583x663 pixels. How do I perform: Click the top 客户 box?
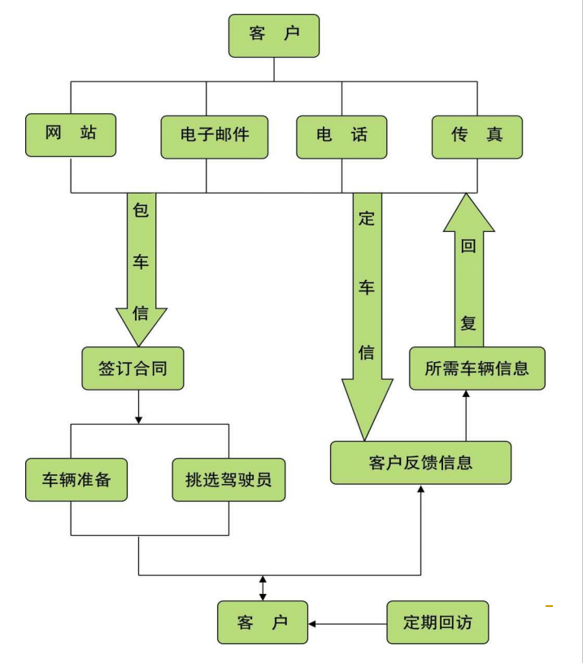[274, 35]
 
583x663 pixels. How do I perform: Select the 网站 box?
[70, 134]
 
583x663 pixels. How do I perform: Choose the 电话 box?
[341, 135]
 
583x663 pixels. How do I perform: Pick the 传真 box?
[476, 135]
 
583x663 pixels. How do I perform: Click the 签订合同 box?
[135, 369]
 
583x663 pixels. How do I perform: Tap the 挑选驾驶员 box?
[228, 480]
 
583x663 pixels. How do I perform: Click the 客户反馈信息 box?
[420, 463]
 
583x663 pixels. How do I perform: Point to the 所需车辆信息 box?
[476, 369]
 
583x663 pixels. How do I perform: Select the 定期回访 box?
[437, 623]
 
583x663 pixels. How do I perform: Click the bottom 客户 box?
[263, 623]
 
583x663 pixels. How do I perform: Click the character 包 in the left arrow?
[141, 210]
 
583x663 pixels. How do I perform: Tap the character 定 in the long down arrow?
[366, 220]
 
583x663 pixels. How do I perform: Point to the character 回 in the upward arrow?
[468, 246]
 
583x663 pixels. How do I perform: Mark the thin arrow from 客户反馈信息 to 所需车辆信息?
[466, 415]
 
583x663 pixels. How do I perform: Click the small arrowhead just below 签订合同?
[138, 419]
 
